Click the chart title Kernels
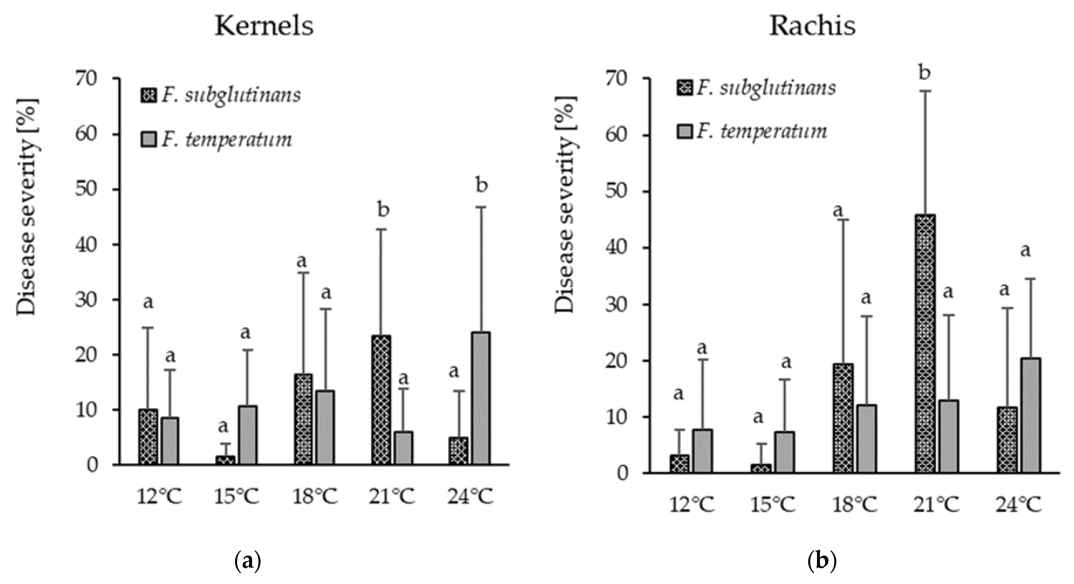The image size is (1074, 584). pos(264,26)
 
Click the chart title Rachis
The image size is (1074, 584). pos(812,26)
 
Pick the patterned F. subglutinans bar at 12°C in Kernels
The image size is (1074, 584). pos(148,437)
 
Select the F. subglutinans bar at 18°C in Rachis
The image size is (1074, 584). pos(843,418)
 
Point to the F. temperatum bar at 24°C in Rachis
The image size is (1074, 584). pos(1031,415)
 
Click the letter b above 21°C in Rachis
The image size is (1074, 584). pos(924,73)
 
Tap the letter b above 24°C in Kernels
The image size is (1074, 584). pos(482,186)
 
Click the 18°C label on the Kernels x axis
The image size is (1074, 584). pos(314,497)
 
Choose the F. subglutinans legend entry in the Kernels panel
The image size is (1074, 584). pos(221,95)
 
